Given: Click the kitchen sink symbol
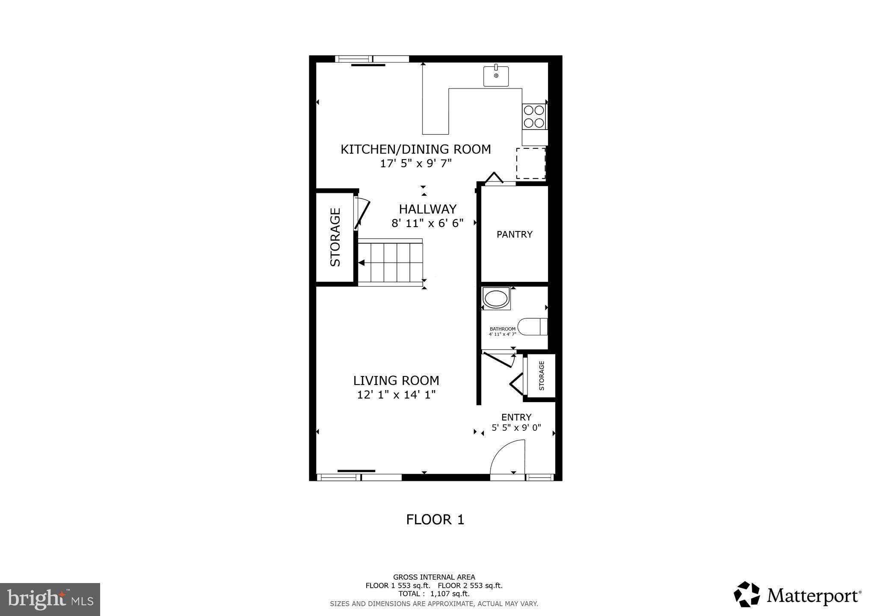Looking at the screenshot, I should pyautogui.click(x=496, y=76).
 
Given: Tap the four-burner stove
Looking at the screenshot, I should pyautogui.click(x=534, y=117).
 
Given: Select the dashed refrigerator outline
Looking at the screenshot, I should pyautogui.click(x=530, y=163).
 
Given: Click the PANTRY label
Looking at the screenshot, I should pyautogui.click(x=514, y=234).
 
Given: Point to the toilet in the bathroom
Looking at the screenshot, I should pyautogui.click(x=533, y=327).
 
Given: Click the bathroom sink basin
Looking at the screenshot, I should pyautogui.click(x=496, y=299).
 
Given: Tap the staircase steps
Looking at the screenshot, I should pyautogui.click(x=390, y=262).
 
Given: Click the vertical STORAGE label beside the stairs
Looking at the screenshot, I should pyautogui.click(x=335, y=237).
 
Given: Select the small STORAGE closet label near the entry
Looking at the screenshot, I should pyautogui.click(x=542, y=376).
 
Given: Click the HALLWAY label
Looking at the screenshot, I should pyautogui.click(x=427, y=209).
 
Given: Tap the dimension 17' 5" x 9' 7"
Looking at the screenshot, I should pyautogui.click(x=416, y=163).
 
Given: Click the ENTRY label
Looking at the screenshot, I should pyautogui.click(x=516, y=417).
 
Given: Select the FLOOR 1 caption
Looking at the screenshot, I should pyautogui.click(x=435, y=520).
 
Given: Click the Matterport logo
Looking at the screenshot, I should pyautogui.click(x=797, y=595).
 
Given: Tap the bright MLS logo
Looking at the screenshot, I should pyautogui.click(x=50, y=599).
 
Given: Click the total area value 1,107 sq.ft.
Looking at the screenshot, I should pyautogui.click(x=449, y=594).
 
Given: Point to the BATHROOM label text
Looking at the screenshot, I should pyautogui.click(x=502, y=329).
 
